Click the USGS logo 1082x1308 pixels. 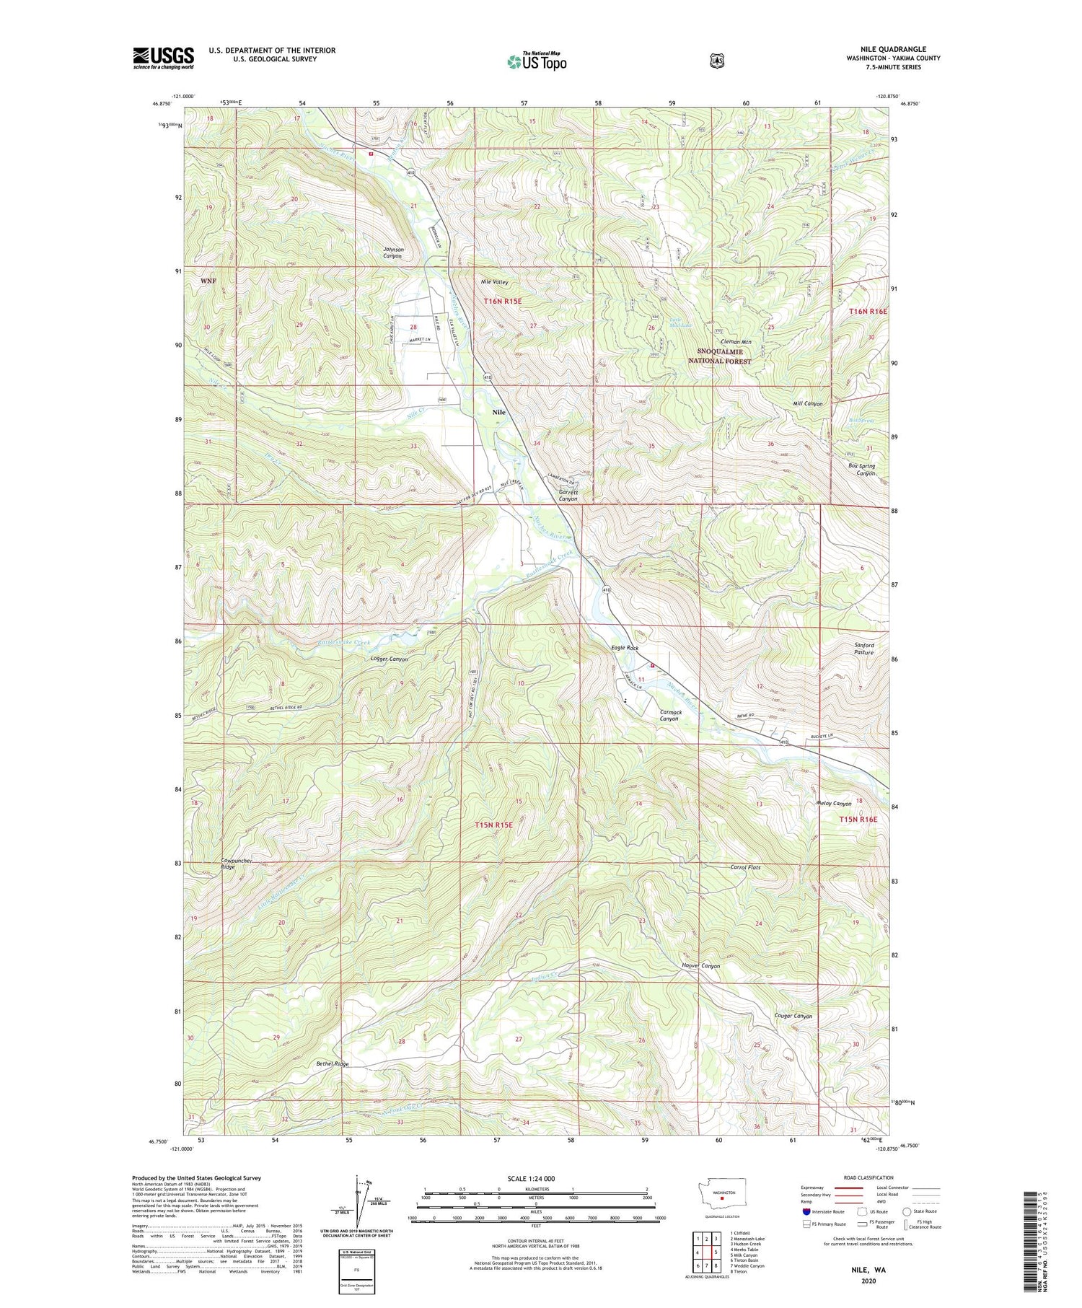tap(163, 58)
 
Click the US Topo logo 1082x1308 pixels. tap(537, 61)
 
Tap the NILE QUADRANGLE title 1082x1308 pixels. tap(892, 49)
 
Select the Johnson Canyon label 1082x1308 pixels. tap(393, 253)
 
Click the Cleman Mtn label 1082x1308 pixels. tap(736, 342)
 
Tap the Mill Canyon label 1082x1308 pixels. tap(807, 404)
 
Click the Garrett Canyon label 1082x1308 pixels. tap(568, 495)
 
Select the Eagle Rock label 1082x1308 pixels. tap(625, 648)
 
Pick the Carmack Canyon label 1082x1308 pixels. tap(669, 715)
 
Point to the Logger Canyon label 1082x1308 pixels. tap(388, 659)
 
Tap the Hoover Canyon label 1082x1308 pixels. tap(700, 965)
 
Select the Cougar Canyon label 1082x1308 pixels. tap(793, 1016)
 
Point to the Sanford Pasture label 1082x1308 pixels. tap(863, 649)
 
